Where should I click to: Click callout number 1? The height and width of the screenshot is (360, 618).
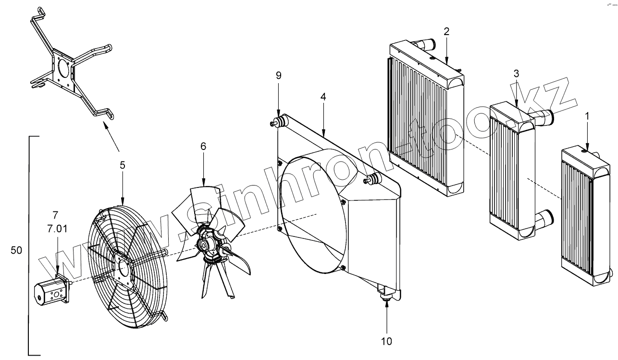click(x=587, y=116)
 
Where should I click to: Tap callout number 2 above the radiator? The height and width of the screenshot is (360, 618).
click(x=446, y=32)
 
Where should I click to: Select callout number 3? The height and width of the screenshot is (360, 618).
click(x=516, y=74)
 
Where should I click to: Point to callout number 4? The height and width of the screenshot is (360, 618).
click(x=323, y=97)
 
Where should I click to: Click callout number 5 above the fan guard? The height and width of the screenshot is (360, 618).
click(x=123, y=165)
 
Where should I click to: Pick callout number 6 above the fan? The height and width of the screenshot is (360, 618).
click(x=203, y=146)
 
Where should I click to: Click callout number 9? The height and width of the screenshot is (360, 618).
click(x=278, y=75)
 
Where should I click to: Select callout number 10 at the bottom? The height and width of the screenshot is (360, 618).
click(x=387, y=341)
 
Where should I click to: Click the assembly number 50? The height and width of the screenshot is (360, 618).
click(x=16, y=251)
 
